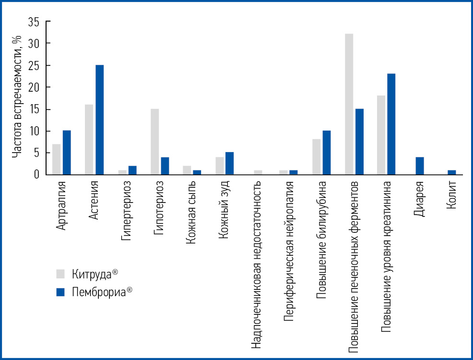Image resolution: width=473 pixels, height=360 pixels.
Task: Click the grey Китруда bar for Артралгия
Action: (57, 159)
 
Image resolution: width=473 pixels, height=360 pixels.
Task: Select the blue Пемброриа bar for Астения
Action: (99, 120)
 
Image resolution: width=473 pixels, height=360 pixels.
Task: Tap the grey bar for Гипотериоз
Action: (154, 142)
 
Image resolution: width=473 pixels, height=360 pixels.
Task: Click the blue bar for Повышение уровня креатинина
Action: (391, 124)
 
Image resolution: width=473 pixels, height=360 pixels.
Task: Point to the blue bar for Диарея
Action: (419, 166)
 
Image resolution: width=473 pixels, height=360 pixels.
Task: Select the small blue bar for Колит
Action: (452, 172)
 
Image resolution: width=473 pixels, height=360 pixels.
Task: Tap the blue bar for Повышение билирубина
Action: (326, 153)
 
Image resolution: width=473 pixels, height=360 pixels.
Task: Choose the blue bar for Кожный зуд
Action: (229, 164)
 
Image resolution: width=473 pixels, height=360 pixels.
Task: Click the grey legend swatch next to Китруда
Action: (60, 274)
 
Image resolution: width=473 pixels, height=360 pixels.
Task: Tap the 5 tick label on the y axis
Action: (35, 153)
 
